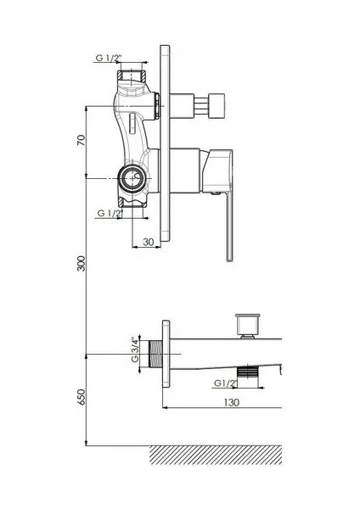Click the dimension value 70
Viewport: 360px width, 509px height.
pyautogui.click(x=82, y=140)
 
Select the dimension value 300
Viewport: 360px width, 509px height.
pyautogui.click(x=82, y=264)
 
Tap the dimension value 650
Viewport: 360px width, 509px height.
pyautogui.click(x=82, y=397)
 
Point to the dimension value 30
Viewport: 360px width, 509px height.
pyautogui.click(x=148, y=242)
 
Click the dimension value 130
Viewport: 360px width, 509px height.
pyautogui.click(x=231, y=402)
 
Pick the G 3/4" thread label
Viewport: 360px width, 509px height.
pyautogui.click(x=135, y=350)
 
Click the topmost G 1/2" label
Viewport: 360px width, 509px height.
pyautogui.click(x=109, y=58)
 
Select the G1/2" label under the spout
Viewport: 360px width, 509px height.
pyautogui.click(x=225, y=383)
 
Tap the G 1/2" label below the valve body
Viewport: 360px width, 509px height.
pyautogui.click(x=110, y=213)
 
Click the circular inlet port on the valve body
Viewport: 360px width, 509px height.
pyautogui.click(x=132, y=178)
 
